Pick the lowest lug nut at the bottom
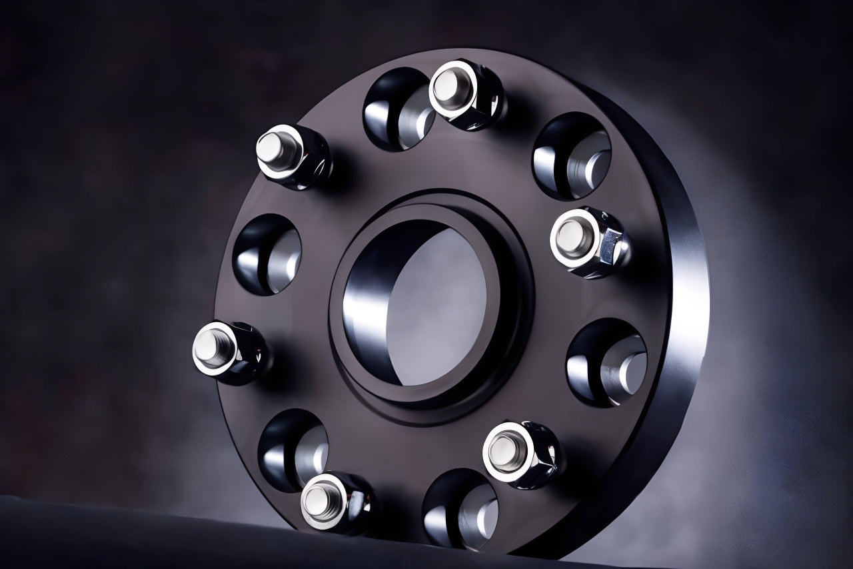pos(335,502)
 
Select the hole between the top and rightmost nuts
pos(572,155)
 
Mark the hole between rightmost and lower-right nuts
pos(606,362)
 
